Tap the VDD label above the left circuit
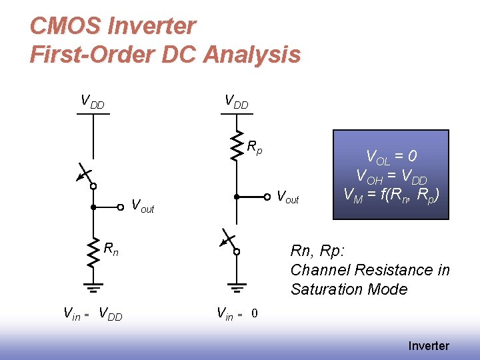click(x=93, y=102)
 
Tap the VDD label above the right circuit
click(x=236, y=102)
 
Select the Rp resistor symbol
click(x=236, y=147)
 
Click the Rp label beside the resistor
click(x=255, y=147)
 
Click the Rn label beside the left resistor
click(x=111, y=249)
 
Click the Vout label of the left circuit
click(x=143, y=206)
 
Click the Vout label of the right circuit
click(x=287, y=197)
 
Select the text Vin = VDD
click(x=93, y=313)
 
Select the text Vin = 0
click(x=237, y=313)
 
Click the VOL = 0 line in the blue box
click(x=391, y=157)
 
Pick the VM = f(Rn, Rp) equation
click(x=391, y=195)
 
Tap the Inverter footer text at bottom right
click(x=429, y=345)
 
